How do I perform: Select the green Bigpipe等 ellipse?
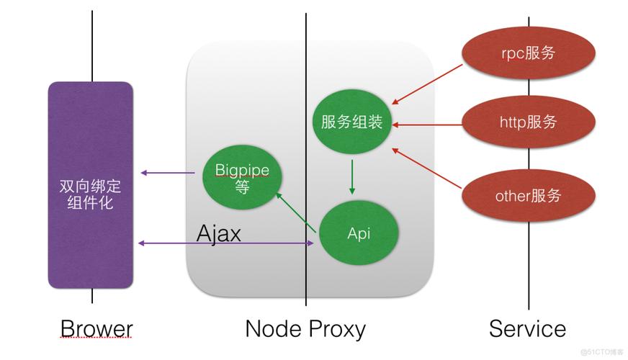(241, 176)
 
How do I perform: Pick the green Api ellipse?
(359, 233)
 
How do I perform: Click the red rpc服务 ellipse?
(529, 53)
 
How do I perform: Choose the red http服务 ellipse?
(529, 122)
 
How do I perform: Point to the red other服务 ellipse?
(529, 195)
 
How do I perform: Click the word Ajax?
(219, 233)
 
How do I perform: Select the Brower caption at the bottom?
(97, 329)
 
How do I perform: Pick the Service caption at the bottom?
(527, 329)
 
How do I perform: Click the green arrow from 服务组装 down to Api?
(351, 176)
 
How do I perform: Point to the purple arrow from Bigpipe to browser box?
(169, 173)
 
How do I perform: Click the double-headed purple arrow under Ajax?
(228, 244)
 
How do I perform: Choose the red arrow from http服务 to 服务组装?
(428, 124)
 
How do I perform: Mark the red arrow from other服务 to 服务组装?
(428, 168)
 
